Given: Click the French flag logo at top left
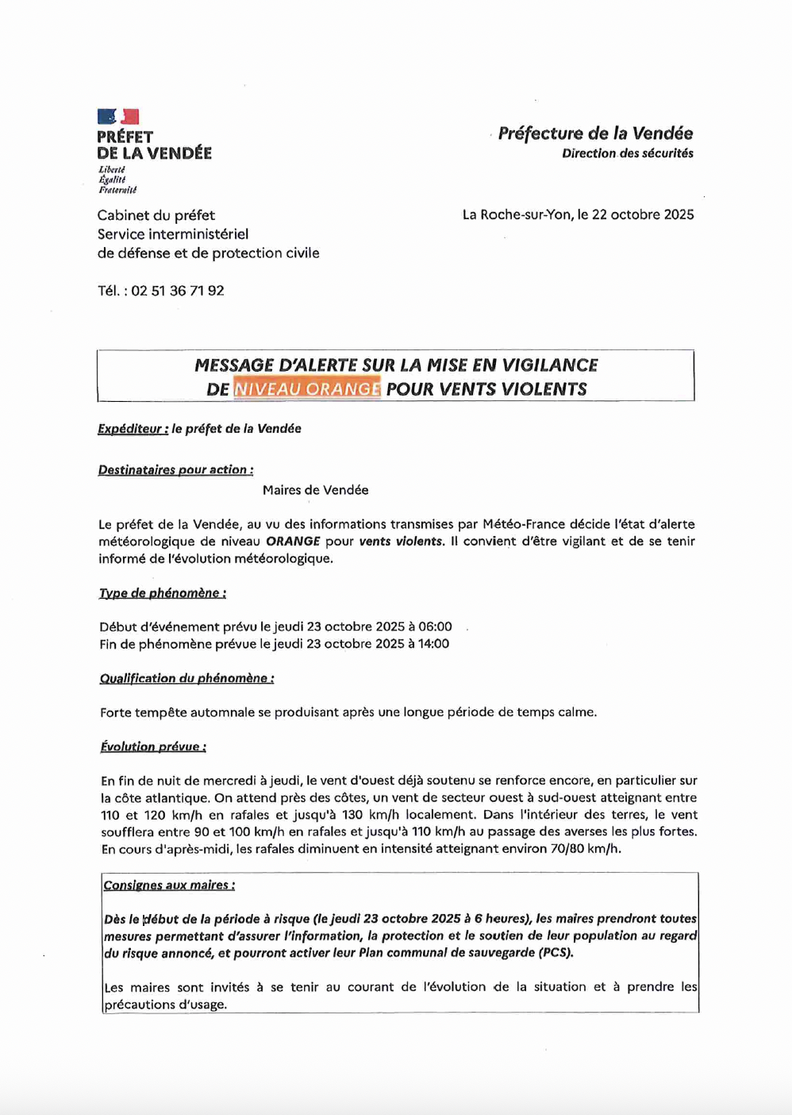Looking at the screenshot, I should [118, 117].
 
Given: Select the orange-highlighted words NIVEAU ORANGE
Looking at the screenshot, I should [307, 389].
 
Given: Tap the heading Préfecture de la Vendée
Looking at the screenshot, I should [595, 133].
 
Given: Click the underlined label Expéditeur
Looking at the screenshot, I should [133, 429].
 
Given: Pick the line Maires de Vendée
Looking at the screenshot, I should [316, 490].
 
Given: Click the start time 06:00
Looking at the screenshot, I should [434, 627].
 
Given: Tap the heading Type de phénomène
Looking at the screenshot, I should [163, 593].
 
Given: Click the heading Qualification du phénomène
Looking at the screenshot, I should [187, 678].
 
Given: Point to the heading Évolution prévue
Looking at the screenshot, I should [153, 747].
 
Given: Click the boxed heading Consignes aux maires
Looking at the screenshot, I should [169, 885].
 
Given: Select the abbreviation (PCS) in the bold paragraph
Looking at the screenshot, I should [556, 953].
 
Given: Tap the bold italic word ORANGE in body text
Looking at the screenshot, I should [293, 542].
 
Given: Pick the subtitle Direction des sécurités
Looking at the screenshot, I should [627, 153].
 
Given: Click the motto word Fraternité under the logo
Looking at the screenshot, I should [117, 190].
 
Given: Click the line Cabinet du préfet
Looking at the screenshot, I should [156, 215].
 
